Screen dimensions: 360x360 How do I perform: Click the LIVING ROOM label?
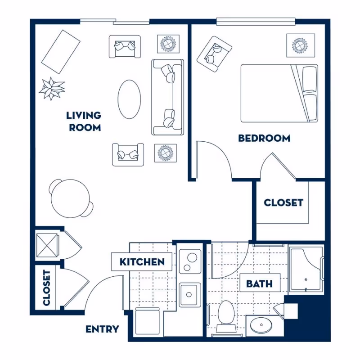(x=85, y=121)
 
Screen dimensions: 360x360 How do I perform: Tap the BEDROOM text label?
(x=264, y=138)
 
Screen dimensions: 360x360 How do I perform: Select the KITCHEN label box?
(x=142, y=261)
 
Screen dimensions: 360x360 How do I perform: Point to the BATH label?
(x=259, y=284)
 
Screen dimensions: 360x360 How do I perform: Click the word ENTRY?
(x=102, y=329)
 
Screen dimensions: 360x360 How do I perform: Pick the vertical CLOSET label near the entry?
(x=46, y=288)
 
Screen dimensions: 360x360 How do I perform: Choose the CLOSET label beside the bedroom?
(x=283, y=202)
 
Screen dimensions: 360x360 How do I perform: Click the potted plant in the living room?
(x=52, y=88)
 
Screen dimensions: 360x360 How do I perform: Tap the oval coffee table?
(x=130, y=99)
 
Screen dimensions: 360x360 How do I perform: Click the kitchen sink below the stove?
(x=190, y=295)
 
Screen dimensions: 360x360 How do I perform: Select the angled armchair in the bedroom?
(x=214, y=53)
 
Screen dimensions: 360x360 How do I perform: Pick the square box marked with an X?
(x=47, y=244)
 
